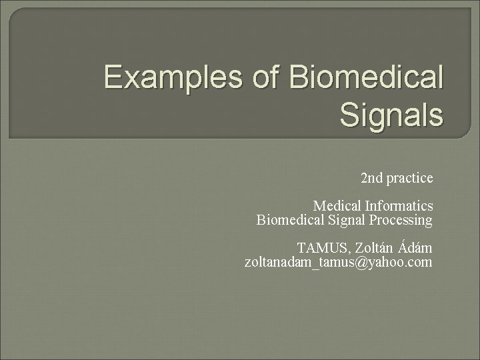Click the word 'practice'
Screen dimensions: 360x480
(x=409, y=179)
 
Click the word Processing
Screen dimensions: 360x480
(x=403, y=220)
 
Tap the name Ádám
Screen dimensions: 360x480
(x=416, y=248)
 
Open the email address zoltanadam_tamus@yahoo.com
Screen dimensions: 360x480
(x=339, y=263)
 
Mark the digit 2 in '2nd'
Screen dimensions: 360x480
(x=364, y=179)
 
